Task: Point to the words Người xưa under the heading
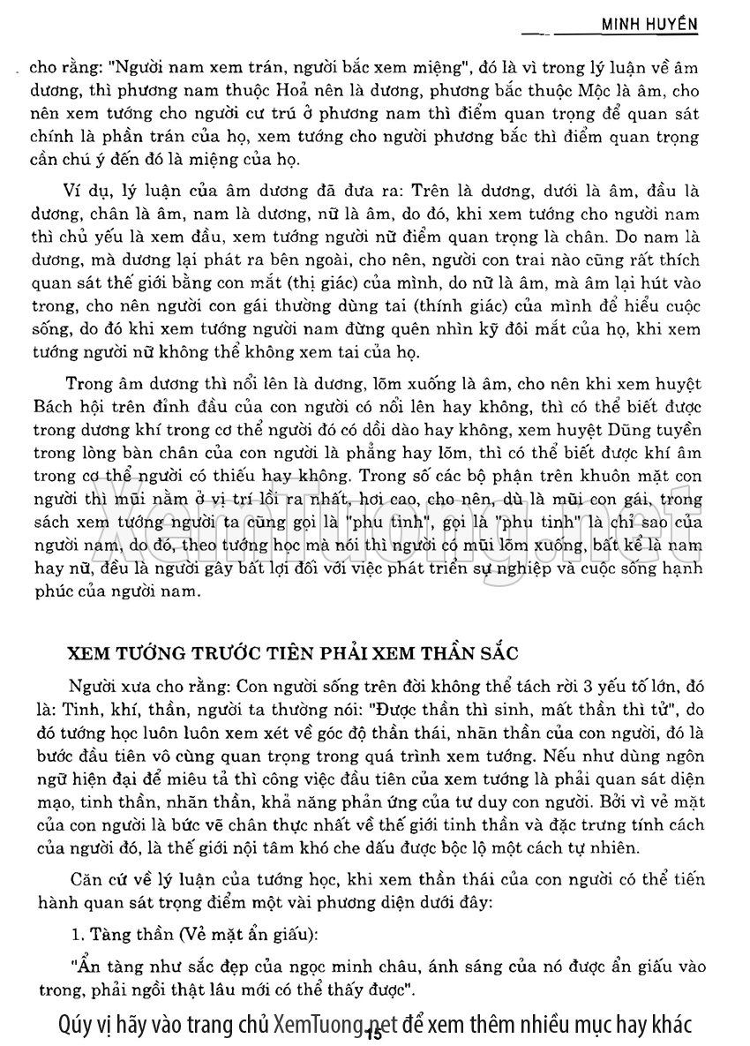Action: coord(101,686)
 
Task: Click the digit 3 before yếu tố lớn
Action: coord(581,686)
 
